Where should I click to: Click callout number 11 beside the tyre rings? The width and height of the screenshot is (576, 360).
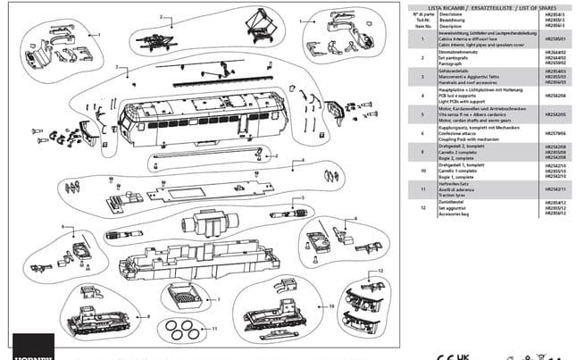click(214, 328)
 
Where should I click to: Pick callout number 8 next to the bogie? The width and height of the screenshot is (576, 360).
click(355, 219)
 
